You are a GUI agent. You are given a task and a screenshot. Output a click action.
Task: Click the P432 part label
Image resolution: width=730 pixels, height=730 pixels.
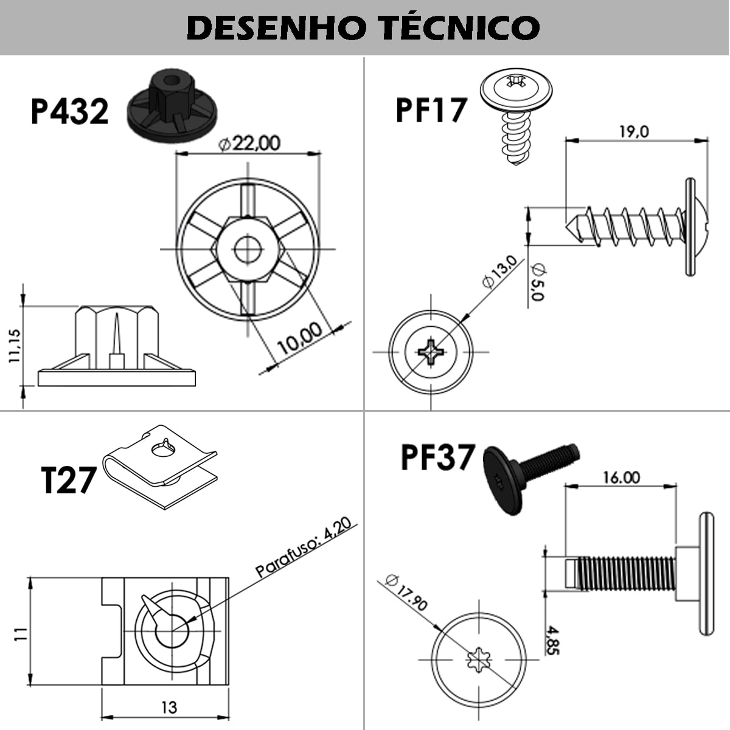(69, 111)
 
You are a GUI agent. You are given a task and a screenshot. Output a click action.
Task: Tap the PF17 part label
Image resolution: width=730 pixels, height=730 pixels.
(431, 109)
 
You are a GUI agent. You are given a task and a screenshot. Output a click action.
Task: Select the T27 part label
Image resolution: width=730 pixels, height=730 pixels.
(68, 479)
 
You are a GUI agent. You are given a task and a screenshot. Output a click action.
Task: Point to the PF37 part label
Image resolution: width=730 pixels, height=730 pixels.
(437, 457)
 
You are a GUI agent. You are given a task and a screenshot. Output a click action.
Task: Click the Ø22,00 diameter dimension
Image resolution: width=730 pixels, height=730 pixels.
(249, 144)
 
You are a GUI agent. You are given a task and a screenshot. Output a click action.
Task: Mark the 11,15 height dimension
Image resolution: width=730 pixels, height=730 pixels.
(14, 346)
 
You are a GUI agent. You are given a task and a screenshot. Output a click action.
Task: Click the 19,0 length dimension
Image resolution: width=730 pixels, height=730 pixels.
(634, 131)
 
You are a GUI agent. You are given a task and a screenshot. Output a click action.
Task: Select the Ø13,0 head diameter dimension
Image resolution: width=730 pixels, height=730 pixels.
(499, 271)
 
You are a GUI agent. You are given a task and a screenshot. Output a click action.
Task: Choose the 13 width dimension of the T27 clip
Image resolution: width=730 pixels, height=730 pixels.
(169, 707)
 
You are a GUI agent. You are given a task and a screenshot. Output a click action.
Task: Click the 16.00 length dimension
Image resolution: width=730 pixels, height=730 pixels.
(621, 477)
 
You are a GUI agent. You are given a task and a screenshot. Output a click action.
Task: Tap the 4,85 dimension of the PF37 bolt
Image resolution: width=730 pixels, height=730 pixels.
(552, 639)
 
